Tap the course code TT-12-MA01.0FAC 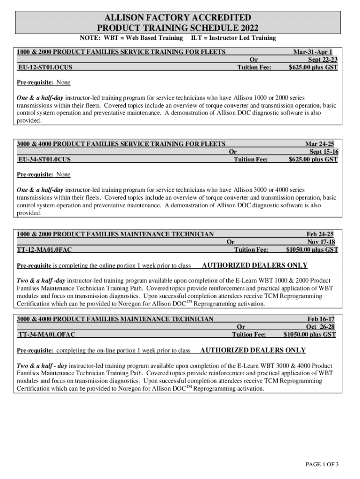(x=45, y=250)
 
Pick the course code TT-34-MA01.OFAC (x=46, y=334)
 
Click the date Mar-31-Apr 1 (x=312, y=52)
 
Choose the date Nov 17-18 (x=321, y=242)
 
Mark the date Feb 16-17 (x=321, y=319)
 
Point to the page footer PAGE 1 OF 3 (x=322, y=464)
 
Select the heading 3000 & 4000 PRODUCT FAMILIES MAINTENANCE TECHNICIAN (x=115, y=319)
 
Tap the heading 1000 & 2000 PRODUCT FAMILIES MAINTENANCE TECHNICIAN (x=115, y=234)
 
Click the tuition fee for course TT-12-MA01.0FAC (x=312, y=250)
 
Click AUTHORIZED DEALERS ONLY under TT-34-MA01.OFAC (x=253, y=350)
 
